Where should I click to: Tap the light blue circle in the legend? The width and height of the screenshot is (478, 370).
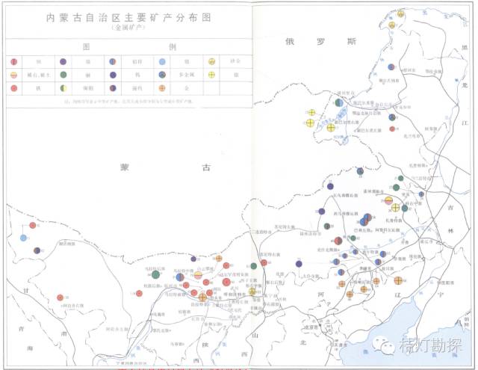tap(162, 61)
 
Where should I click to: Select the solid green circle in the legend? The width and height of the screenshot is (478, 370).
tap(63, 75)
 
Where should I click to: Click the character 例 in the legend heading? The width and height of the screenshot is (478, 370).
tap(173, 46)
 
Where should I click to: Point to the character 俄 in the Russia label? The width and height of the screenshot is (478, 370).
tap(291, 42)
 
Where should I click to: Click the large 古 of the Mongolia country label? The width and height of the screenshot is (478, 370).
tap(206, 169)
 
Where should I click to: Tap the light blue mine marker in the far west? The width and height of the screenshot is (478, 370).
tap(24, 238)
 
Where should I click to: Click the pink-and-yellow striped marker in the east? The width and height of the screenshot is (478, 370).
tap(388, 200)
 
